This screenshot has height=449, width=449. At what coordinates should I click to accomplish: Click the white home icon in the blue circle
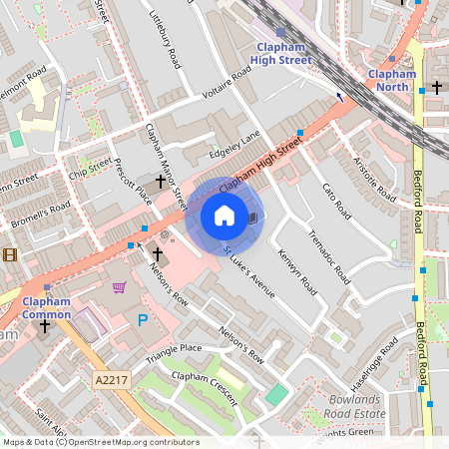pyautogui.click(x=224, y=216)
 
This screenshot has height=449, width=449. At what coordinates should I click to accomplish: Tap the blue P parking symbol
pyautogui.click(x=142, y=319)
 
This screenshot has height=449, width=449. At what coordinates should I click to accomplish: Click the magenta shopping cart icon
pyautogui.click(x=120, y=288)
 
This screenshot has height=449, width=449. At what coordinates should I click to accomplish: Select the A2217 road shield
pyautogui.click(x=113, y=380)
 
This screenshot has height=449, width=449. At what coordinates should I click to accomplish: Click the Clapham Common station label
pyautogui.click(x=47, y=308)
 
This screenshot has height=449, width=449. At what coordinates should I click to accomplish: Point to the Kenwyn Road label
pyautogui.click(x=296, y=272)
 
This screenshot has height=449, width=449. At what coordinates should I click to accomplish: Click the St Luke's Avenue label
pyautogui.click(x=248, y=270)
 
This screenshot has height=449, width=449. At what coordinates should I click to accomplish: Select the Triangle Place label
pyautogui.click(x=174, y=353)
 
